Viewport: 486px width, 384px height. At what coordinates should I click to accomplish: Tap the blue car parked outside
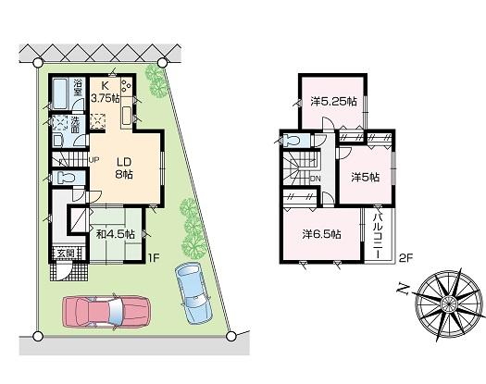(x=193, y=292)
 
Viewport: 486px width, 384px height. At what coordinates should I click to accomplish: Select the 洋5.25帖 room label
(x=334, y=102)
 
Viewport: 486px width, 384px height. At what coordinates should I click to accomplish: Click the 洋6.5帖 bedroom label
(x=319, y=234)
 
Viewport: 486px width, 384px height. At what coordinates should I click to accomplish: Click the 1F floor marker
(x=154, y=258)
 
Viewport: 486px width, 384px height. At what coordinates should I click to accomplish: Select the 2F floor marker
(x=404, y=256)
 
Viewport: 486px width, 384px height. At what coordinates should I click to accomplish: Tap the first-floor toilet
(x=64, y=177)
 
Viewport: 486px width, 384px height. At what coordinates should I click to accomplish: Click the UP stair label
(x=93, y=158)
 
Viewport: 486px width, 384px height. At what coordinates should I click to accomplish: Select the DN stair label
(x=315, y=179)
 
